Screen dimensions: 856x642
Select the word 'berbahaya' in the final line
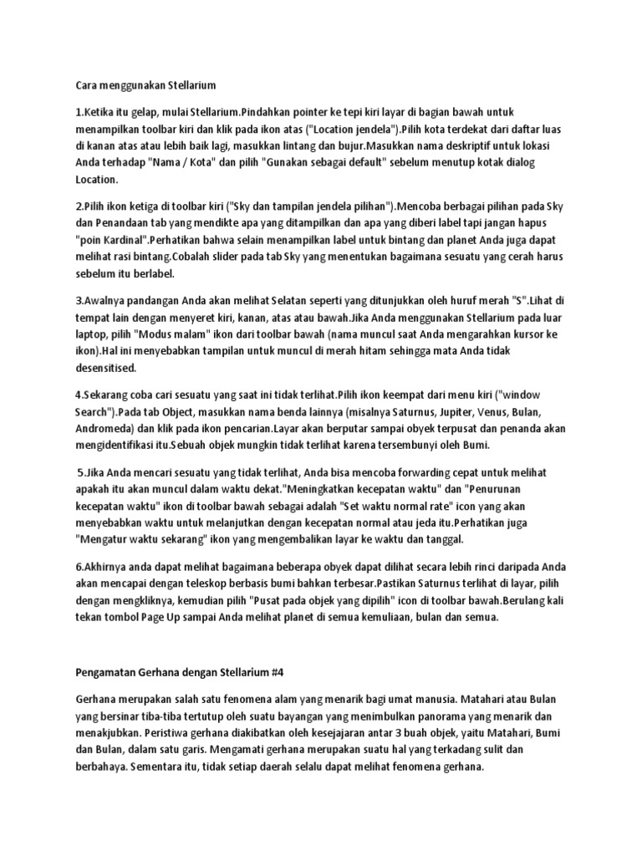pyautogui.click(x=105, y=767)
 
